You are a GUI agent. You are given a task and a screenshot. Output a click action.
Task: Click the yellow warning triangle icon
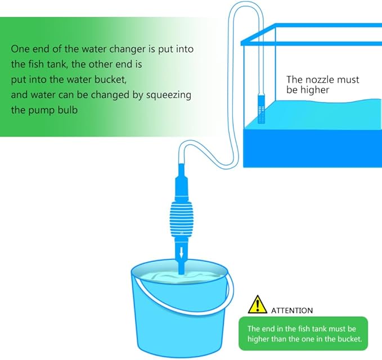tap(257, 305)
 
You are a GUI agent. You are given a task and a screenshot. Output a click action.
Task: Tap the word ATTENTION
tap(292, 310)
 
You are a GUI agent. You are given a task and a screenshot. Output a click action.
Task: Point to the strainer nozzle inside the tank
tap(261, 109)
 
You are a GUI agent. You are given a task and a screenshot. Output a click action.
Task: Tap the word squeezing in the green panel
tap(169, 95)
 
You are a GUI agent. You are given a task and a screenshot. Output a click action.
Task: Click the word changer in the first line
tap(128, 49)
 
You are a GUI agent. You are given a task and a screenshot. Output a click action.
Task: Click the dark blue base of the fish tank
tap(313, 148)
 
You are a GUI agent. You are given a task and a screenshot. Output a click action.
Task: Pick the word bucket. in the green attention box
tap(349, 339)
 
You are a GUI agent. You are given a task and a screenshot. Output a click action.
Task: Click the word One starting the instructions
tap(20, 49)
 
